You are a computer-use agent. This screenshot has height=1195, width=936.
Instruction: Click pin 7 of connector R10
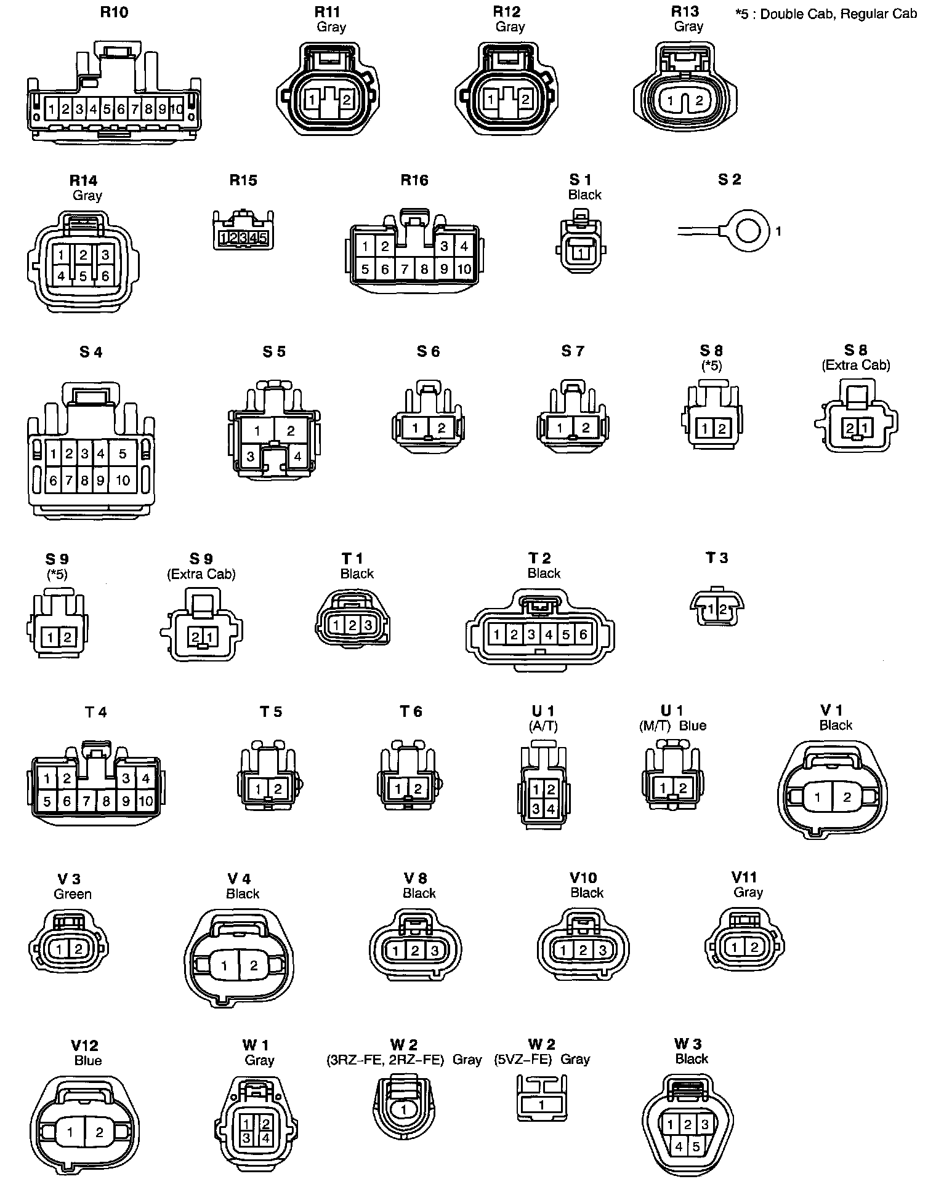click(135, 110)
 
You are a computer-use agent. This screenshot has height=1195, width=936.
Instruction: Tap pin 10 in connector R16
click(464, 269)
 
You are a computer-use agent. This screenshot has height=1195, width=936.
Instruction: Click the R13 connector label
click(685, 11)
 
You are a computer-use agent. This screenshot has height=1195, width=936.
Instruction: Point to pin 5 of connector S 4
click(123, 454)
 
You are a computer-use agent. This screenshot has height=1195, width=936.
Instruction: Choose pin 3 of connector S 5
click(251, 457)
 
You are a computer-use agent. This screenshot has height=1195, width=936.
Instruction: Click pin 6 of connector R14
click(105, 276)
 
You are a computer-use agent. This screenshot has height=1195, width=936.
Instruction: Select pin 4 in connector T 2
click(549, 634)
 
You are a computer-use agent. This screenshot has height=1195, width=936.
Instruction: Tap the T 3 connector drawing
click(716, 608)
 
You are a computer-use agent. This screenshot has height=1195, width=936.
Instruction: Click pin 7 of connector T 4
click(87, 801)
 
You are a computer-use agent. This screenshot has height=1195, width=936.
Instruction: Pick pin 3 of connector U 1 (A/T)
click(536, 809)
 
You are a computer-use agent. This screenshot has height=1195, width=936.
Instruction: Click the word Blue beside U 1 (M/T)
click(692, 725)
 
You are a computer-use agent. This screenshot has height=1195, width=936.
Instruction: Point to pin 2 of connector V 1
click(847, 797)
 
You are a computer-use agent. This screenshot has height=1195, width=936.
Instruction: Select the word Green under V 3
click(73, 894)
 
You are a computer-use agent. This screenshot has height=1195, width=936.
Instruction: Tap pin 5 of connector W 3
click(696, 1146)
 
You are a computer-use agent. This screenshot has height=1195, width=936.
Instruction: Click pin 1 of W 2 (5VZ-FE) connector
click(541, 1105)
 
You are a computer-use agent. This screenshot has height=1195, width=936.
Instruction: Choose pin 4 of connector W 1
click(265, 1138)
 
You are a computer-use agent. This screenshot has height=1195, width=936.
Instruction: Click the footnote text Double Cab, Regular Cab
click(838, 14)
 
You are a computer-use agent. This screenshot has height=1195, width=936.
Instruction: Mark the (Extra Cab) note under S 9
click(201, 574)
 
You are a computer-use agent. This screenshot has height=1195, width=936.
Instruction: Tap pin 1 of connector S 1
click(579, 254)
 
